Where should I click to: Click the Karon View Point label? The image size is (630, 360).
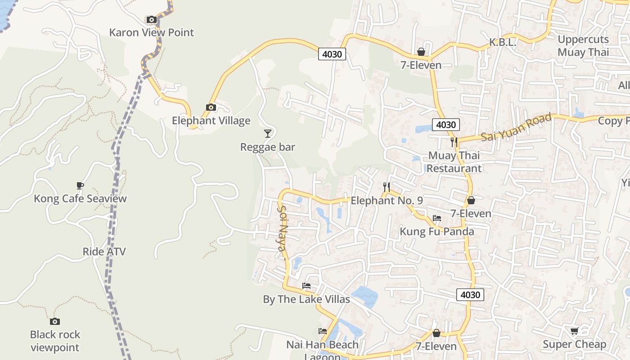(152, 32)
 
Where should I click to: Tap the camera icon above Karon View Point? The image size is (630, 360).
(152, 20)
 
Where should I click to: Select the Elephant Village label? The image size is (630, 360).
(211, 121)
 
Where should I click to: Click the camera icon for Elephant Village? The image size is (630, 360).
(211, 107)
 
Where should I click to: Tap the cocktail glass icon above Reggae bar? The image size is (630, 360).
(268, 133)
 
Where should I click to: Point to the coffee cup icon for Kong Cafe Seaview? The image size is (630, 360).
(80, 185)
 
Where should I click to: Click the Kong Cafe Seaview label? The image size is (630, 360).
(81, 198)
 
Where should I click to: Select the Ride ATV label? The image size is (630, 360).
(104, 252)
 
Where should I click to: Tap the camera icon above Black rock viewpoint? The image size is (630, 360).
(55, 321)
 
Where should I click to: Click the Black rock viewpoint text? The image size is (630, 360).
(55, 341)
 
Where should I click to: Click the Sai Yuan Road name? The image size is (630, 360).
(517, 127)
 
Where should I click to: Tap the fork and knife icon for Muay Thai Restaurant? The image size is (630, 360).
(454, 142)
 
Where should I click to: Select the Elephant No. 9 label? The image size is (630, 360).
(387, 201)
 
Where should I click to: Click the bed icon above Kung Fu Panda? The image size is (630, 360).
(436, 218)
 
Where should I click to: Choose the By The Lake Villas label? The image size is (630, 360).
(306, 299)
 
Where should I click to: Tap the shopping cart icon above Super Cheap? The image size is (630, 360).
(574, 331)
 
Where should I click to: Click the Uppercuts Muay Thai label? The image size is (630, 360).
(583, 45)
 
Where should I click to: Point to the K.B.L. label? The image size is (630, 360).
(503, 42)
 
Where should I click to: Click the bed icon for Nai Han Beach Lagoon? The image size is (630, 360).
(323, 331)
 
